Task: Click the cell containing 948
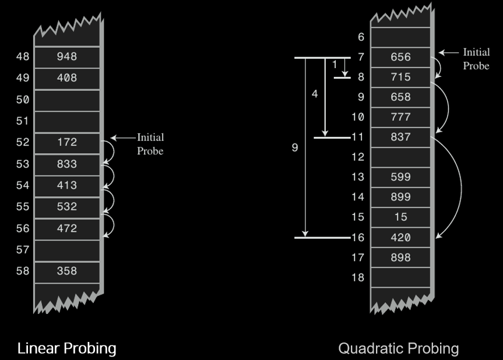(66, 57)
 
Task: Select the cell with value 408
(66, 78)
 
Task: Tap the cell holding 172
(66, 142)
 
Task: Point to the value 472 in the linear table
(66, 228)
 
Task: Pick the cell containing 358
(66, 271)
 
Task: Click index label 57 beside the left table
(23, 250)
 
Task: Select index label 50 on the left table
(23, 100)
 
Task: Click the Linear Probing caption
(66, 348)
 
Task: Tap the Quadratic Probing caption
(399, 348)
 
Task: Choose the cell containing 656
(400, 57)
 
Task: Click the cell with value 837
(400, 137)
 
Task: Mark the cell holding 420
(400, 238)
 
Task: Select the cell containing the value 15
(400, 217)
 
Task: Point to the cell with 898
(400, 257)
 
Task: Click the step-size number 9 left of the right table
(295, 148)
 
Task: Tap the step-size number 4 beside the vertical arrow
(315, 94)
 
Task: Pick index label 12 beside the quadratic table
(357, 157)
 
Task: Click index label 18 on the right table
(357, 277)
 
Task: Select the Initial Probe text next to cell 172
(150, 144)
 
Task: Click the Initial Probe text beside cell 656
(476, 59)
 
